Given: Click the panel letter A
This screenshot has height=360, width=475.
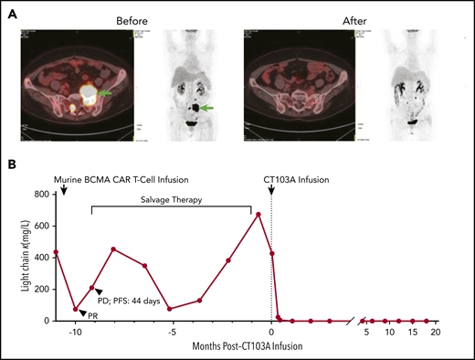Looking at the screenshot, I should pyautogui.click(x=14, y=9).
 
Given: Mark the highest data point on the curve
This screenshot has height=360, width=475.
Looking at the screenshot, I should pyautogui.click(x=259, y=215).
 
